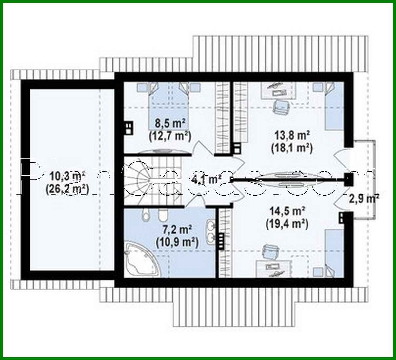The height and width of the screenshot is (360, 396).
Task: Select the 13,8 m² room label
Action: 292,135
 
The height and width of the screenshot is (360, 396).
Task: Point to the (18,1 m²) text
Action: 292,148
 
